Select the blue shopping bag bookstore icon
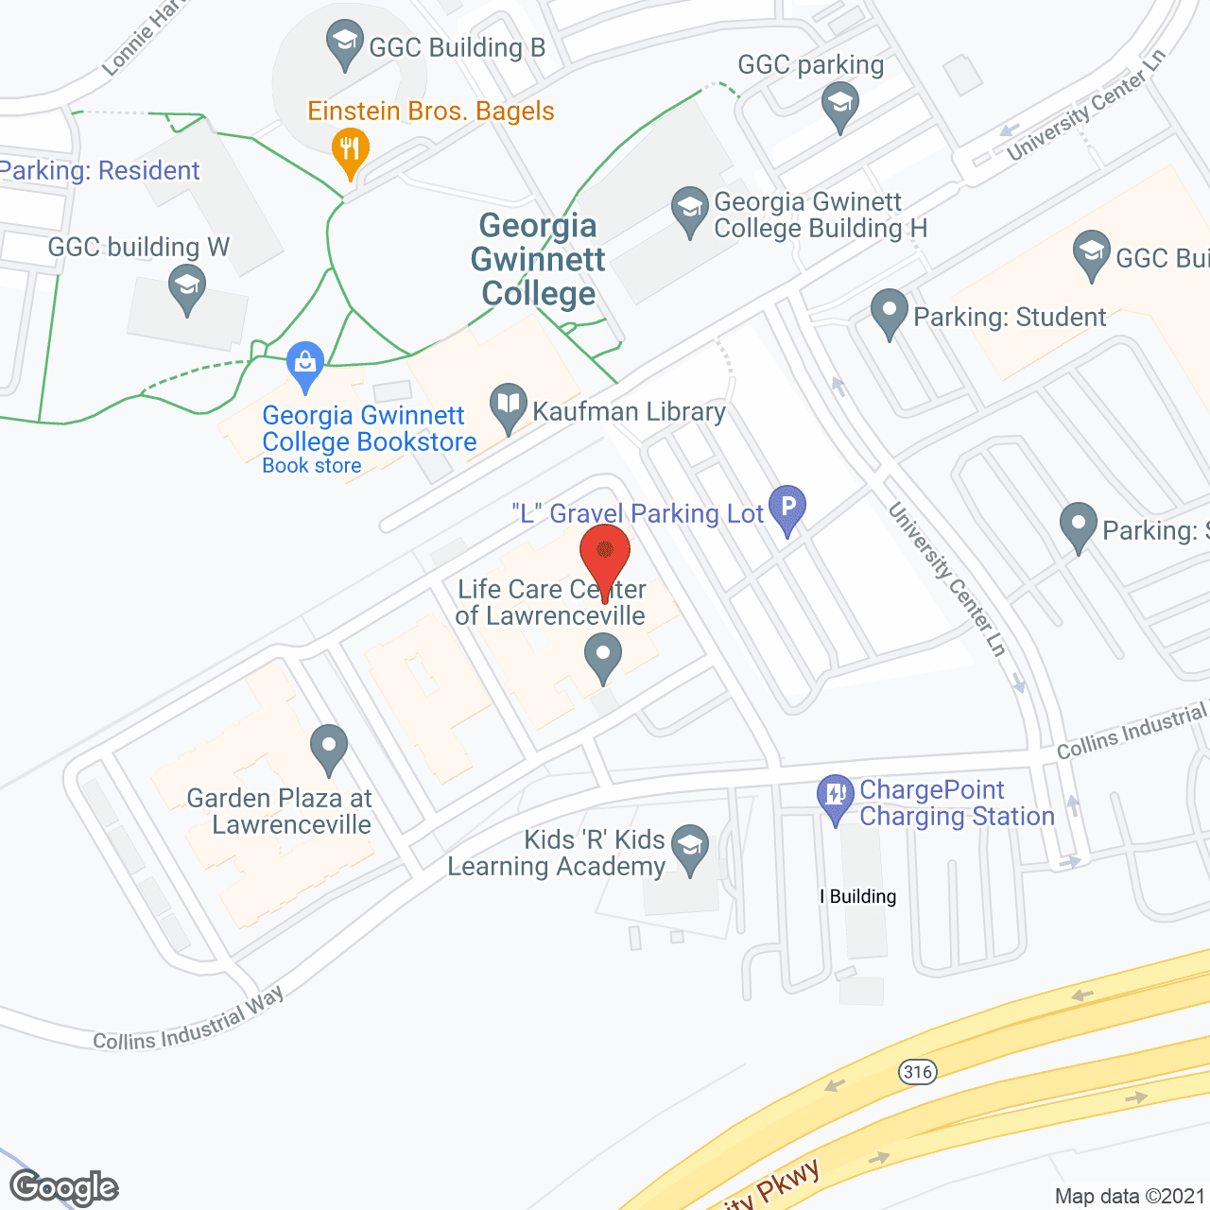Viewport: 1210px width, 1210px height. (305, 364)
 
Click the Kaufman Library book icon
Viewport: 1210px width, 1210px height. (509, 406)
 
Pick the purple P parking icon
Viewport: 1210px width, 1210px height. (786, 507)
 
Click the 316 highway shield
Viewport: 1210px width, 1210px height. (917, 1071)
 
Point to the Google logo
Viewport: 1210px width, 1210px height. (64, 1187)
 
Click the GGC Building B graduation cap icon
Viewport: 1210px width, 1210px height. (344, 43)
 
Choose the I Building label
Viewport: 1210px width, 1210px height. (858, 896)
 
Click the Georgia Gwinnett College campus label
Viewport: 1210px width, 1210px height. (538, 260)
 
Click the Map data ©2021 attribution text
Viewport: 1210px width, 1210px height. (1131, 1196)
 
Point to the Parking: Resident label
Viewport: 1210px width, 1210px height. (100, 170)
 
